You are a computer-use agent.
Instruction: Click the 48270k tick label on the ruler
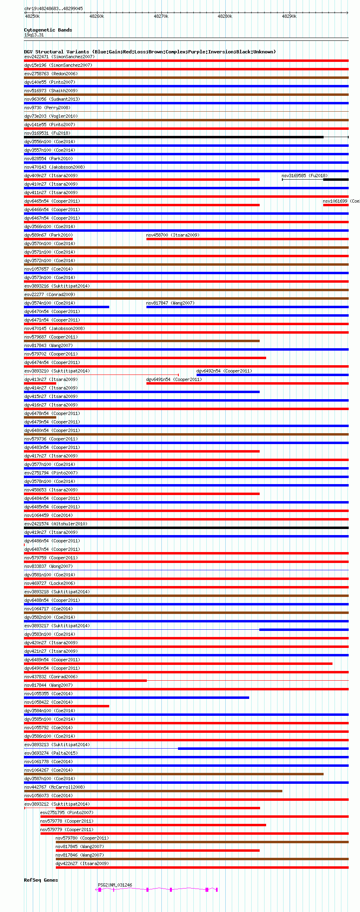tap(161, 16)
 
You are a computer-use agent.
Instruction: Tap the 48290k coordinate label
tap(289, 16)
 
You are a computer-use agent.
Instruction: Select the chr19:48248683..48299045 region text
tap(53, 8)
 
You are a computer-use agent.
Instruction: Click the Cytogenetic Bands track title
tap(48, 30)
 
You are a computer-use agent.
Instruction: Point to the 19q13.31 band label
tap(34, 35)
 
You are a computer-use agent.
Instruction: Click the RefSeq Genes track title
tap(41, 880)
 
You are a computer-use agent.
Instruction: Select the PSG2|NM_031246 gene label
tap(115, 885)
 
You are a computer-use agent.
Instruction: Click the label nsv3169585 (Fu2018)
tap(305, 176)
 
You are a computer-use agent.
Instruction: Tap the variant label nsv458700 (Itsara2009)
tap(173, 235)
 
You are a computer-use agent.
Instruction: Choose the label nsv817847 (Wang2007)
tap(170, 303)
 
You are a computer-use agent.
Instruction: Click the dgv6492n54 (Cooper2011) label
tap(224, 371)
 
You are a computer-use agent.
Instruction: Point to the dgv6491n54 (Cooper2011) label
tap(174, 379)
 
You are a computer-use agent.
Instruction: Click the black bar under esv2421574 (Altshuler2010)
tap(186, 528)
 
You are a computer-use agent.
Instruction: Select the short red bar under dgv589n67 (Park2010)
tap(49, 239)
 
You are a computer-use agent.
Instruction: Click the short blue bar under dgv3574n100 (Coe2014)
tap(67, 307)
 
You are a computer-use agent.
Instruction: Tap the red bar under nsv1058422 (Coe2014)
tap(67, 706)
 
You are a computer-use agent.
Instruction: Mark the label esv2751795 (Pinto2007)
tap(67, 813)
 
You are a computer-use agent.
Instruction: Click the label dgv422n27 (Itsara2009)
tap(82, 863)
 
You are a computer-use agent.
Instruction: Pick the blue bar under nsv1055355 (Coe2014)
tap(137, 698)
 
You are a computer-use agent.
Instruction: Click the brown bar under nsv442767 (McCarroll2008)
tap(153, 791)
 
